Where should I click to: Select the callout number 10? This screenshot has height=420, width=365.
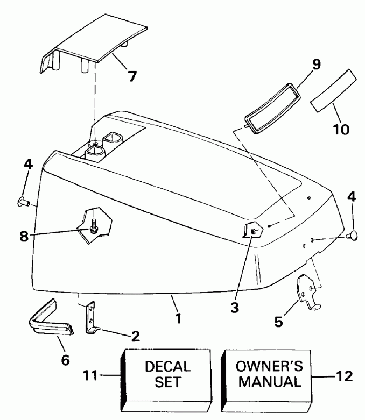[340, 129]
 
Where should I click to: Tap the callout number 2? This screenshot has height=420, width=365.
[135, 337]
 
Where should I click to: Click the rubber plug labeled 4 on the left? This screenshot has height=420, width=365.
[23, 202]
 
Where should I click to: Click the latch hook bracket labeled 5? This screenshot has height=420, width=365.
[307, 293]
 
